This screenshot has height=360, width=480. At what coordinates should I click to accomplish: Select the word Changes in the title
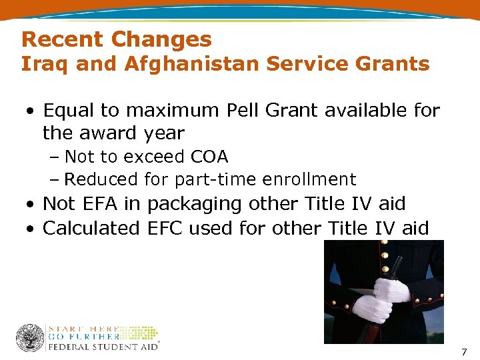coord(161,39)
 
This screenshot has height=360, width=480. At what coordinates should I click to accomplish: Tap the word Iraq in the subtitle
coord(44,65)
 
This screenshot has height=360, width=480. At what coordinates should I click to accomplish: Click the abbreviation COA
coord(209,157)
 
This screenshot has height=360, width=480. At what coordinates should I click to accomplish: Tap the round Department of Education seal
coord(30,338)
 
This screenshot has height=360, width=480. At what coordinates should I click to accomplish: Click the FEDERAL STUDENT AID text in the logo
coord(103,347)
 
